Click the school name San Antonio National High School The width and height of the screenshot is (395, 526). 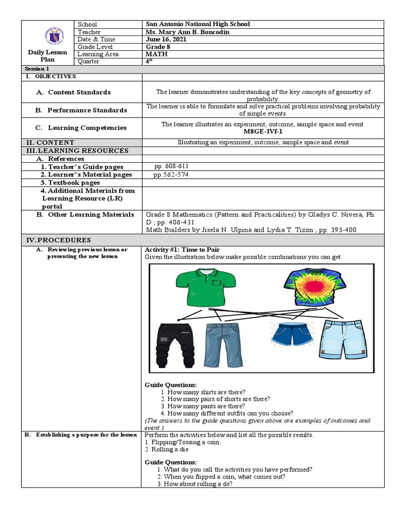tap(198, 24)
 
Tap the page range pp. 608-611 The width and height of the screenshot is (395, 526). tap(168, 166)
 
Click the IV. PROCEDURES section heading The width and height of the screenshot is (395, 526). tap(59, 240)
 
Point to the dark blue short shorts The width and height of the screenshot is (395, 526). tap(288, 333)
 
